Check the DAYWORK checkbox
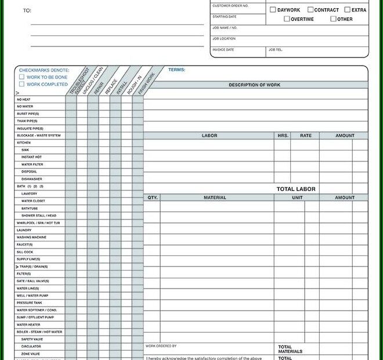[273, 10]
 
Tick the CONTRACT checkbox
[310, 10]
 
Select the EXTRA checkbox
[347, 10]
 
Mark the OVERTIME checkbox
[287, 19]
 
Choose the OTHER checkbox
[333, 19]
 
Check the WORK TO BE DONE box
[22, 77]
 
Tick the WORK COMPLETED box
[22, 84]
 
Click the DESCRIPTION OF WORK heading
[255, 85]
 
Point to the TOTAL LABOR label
[296, 189]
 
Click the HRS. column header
[283, 136]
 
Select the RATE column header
[305, 136]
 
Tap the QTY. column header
[152, 197]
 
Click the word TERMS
[176, 70]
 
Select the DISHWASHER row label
[32, 179]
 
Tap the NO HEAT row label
[24, 99]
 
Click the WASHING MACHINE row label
[31, 237]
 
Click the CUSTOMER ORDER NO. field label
[230, 5]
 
